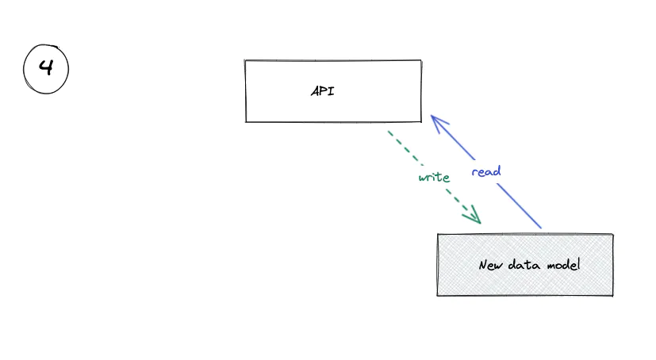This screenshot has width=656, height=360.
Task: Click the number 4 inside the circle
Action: (46, 68)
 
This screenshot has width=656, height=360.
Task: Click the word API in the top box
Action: (322, 91)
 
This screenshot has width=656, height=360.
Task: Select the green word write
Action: (434, 177)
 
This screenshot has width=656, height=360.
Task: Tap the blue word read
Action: (485, 171)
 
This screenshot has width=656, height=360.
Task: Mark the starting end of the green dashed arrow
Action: (388, 132)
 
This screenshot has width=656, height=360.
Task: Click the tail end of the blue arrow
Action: (541, 228)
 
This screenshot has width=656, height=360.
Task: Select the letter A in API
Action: (315, 91)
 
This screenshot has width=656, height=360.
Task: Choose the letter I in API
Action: (332, 91)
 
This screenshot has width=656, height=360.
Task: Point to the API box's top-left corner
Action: (245, 61)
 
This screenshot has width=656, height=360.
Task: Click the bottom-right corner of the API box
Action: (421, 121)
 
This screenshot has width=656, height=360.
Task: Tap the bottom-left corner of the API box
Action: (246, 121)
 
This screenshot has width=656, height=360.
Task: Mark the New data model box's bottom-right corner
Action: (613, 296)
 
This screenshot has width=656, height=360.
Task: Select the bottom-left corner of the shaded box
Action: (437, 296)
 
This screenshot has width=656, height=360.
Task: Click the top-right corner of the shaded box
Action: (613, 235)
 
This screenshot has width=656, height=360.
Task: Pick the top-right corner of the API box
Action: (420, 60)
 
